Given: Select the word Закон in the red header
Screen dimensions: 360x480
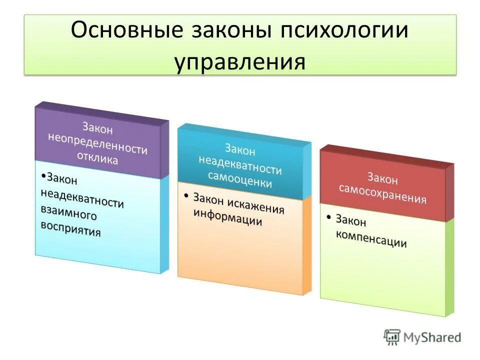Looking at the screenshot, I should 383,178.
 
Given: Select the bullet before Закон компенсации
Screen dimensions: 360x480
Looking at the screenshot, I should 329,217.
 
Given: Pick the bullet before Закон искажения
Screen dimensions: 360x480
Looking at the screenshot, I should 186,193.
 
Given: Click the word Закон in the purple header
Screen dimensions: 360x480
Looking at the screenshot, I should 98,129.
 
